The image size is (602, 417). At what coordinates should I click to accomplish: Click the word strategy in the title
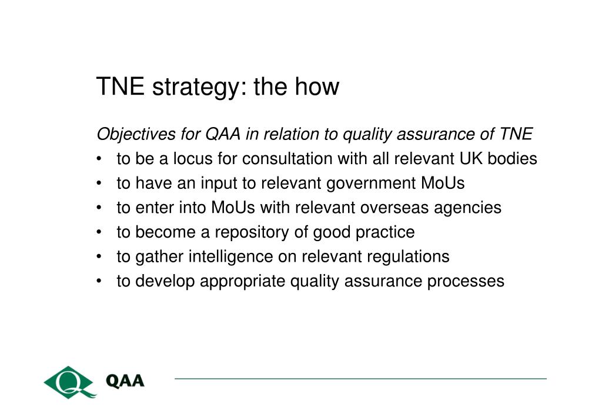click(196, 88)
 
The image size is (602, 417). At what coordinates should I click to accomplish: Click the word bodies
click(512, 159)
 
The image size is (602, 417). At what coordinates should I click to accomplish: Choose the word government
click(371, 184)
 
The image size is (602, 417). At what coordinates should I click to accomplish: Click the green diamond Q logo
click(69, 382)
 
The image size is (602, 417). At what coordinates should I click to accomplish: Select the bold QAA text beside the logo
click(125, 381)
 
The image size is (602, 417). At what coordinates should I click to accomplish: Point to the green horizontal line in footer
click(360, 379)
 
